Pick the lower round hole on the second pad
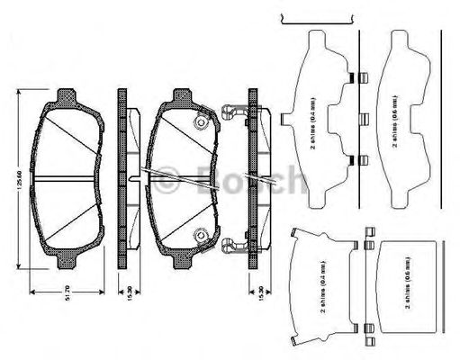199,236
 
